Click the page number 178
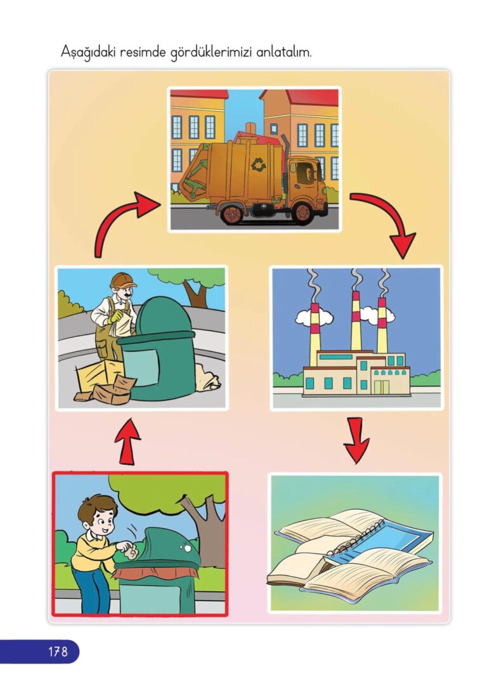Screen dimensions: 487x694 (x=58, y=651)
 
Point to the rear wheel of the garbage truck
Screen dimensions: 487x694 (x=231, y=213)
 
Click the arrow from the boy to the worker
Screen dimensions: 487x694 (x=127, y=441)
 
